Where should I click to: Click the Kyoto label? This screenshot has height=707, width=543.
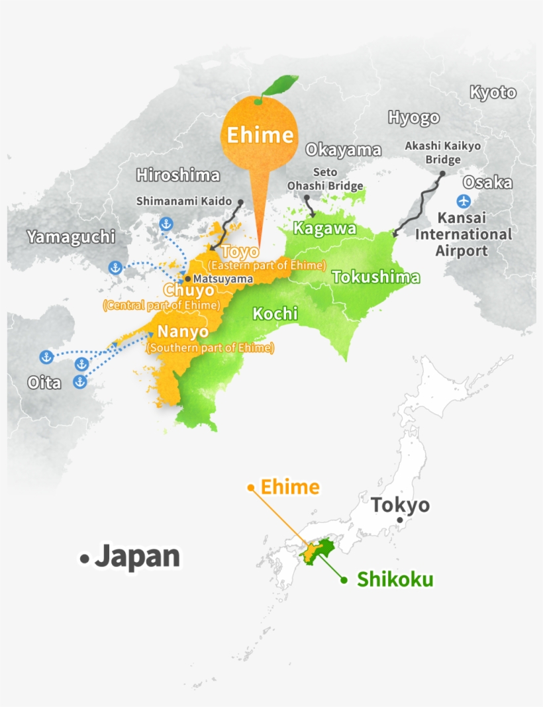(x=493, y=93)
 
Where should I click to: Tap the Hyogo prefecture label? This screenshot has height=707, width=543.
(x=413, y=118)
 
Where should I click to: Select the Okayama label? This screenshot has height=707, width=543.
(x=343, y=150)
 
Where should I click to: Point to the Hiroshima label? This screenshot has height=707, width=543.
(x=177, y=175)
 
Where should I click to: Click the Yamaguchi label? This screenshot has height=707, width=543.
(x=71, y=237)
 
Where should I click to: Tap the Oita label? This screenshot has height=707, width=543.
(x=44, y=383)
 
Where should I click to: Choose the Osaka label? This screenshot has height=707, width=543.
(x=487, y=183)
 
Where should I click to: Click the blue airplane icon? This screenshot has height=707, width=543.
(x=464, y=201)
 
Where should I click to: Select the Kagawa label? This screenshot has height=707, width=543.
(x=324, y=228)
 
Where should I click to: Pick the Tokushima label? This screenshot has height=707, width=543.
(x=376, y=277)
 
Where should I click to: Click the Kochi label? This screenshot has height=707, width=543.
(x=275, y=314)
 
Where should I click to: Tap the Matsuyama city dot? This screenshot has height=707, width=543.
(x=188, y=279)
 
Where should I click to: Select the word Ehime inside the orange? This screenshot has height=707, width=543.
(x=260, y=136)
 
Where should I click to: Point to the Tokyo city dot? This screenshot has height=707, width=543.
(x=399, y=520)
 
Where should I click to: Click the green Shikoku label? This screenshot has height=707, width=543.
(x=395, y=580)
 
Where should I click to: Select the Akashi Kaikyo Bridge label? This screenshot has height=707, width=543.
(x=443, y=153)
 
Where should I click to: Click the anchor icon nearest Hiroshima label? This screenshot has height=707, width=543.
(x=166, y=224)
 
